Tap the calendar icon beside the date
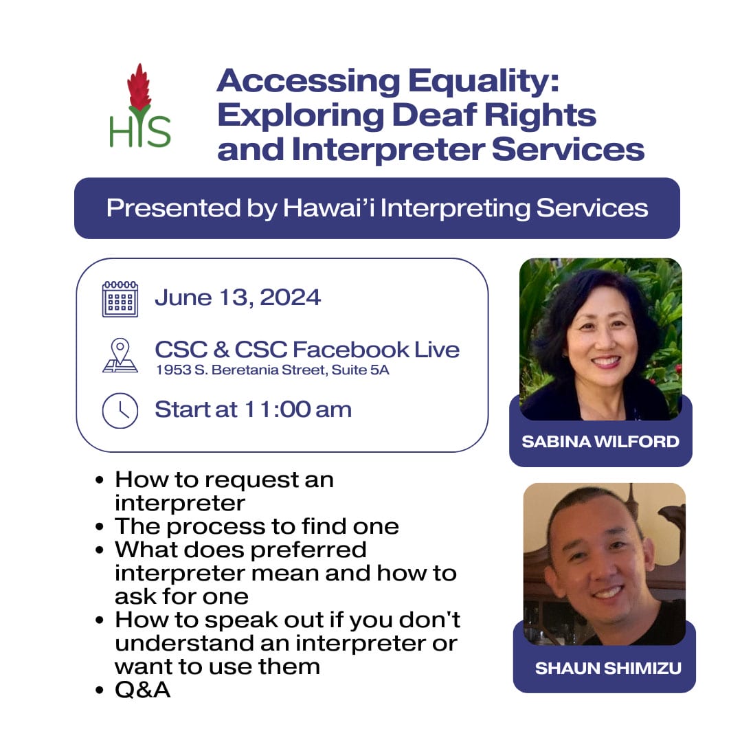click(x=120, y=299)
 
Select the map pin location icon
click(x=120, y=355)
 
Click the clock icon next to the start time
click(x=120, y=410)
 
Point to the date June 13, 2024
click(x=238, y=297)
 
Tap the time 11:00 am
click(x=297, y=409)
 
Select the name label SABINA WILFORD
click(x=600, y=442)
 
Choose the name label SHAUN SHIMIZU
click(x=608, y=668)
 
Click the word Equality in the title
click(x=483, y=81)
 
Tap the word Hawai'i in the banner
click(x=329, y=208)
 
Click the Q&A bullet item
click(x=142, y=690)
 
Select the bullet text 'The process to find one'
click(x=257, y=526)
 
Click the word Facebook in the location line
click(x=351, y=350)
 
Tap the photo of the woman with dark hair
click(x=600, y=339)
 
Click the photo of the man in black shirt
click(x=605, y=564)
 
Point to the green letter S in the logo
click(x=158, y=131)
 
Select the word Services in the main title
click(x=568, y=150)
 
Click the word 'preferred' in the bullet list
click(x=308, y=550)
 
